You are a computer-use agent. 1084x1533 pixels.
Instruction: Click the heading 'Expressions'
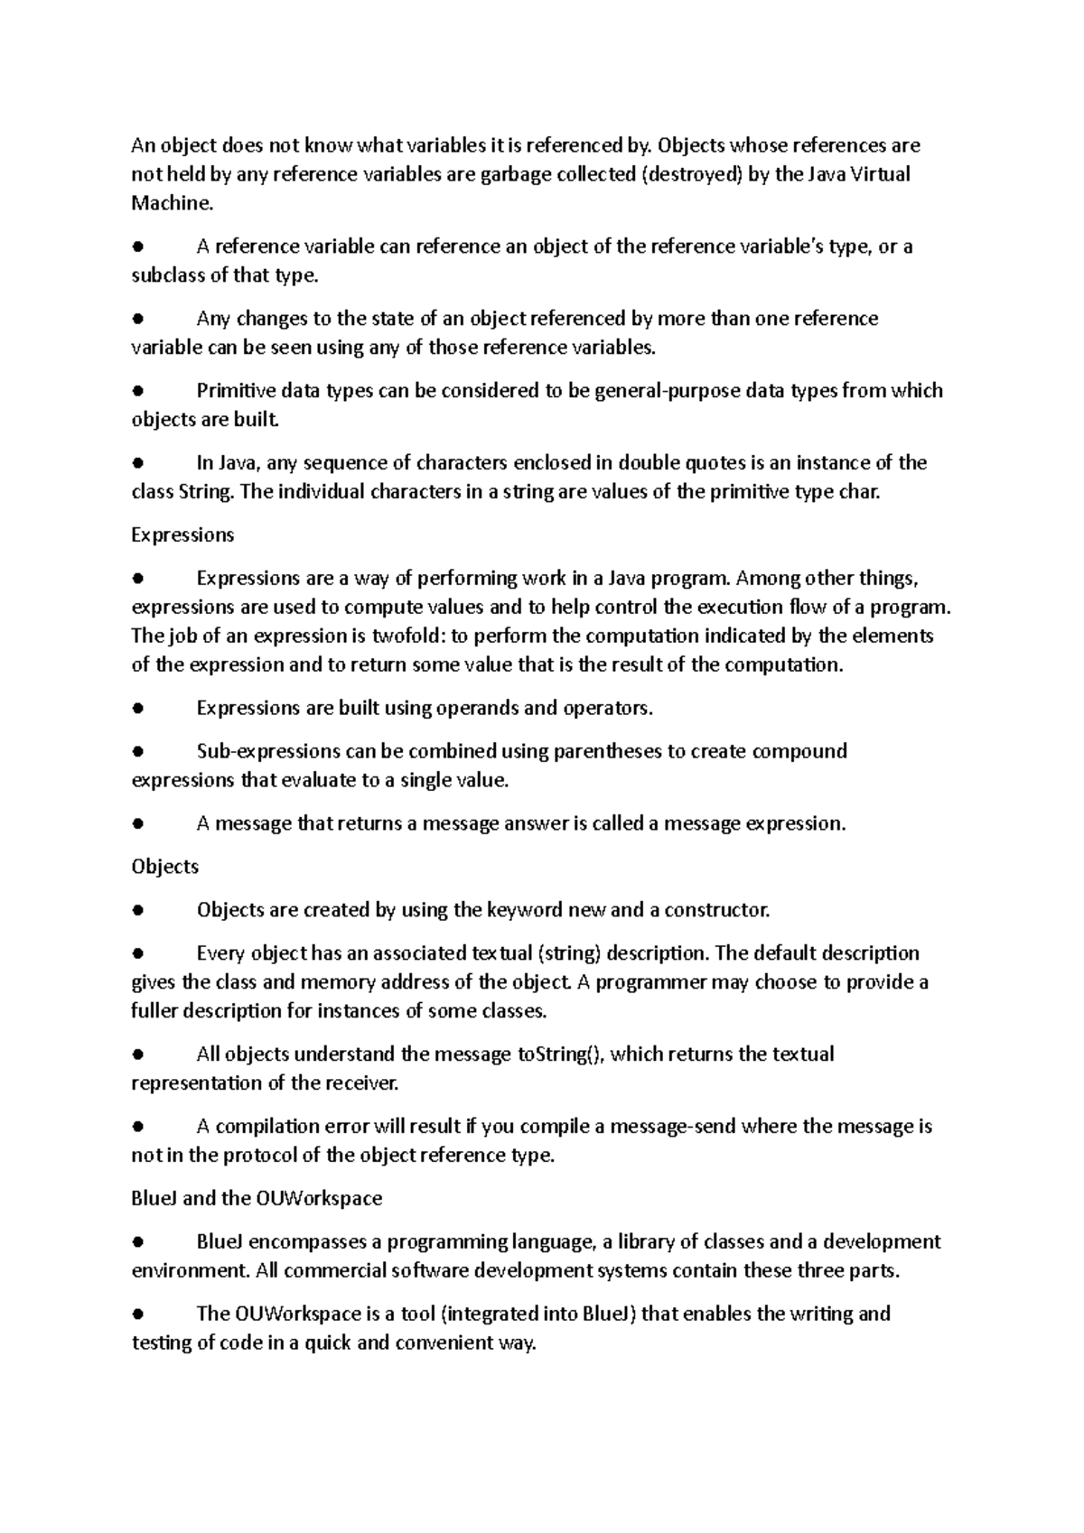click(182, 535)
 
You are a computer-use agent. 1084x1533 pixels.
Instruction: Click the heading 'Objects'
click(165, 867)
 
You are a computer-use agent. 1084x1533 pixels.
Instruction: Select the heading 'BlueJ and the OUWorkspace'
click(257, 1199)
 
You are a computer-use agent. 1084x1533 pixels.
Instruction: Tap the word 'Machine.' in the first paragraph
click(173, 203)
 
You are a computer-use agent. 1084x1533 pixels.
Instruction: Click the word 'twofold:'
click(408, 636)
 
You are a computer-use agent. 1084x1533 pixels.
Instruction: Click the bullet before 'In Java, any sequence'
click(138, 463)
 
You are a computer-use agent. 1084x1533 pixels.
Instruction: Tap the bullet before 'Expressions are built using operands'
click(138, 709)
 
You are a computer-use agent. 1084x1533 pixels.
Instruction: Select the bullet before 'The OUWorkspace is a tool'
click(138, 1315)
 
